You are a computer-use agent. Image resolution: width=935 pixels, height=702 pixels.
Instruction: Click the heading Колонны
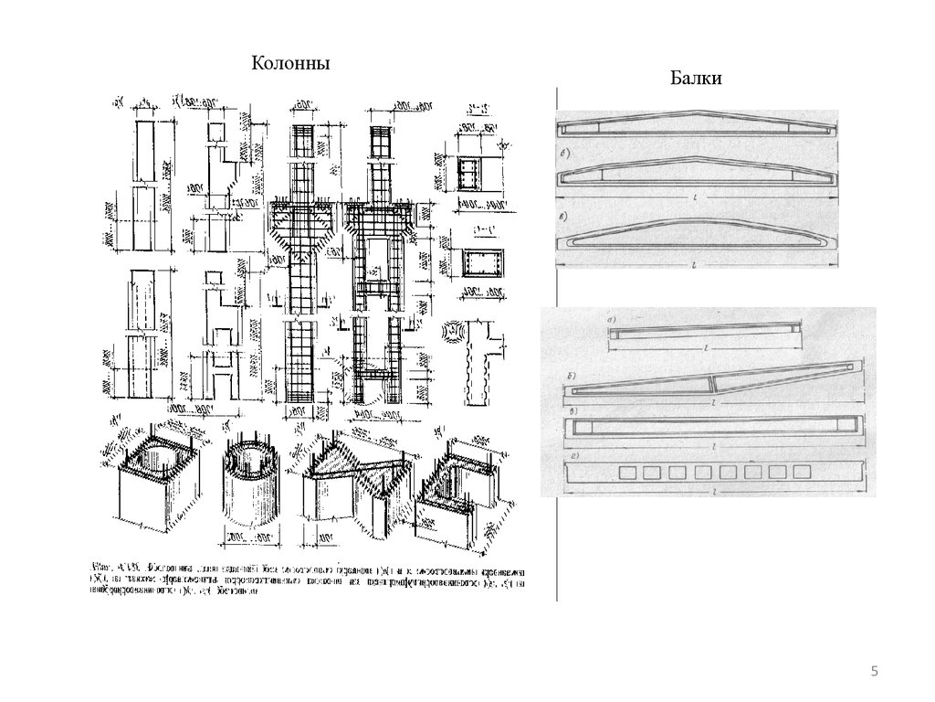click(290, 63)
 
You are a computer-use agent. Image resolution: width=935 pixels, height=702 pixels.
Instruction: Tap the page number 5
click(874, 673)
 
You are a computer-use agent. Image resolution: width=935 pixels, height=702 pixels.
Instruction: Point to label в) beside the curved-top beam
click(567, 217)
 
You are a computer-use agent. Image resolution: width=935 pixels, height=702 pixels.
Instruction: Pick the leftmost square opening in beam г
click(628, 473)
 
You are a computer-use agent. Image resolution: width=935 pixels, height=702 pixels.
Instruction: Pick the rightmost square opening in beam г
click(801, 472)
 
